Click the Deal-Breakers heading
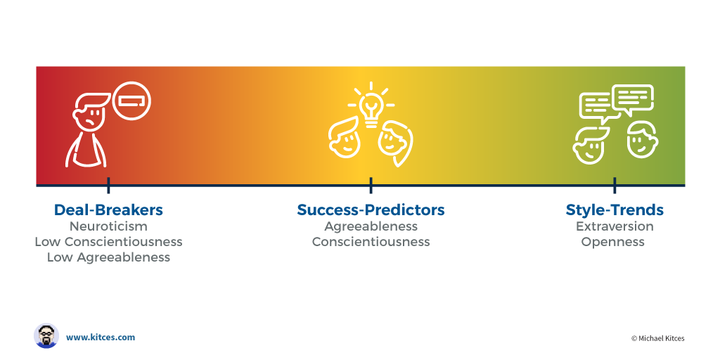point(108,210)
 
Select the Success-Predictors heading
point(371,210)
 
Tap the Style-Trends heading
point(615,210)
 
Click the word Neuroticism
point(108,226)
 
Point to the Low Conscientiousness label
point(108,242)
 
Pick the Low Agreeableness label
point(108,257)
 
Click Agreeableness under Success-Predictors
point(371,226)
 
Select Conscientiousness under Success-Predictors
point(371,242)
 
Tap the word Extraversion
point(615,226)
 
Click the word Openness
point(612,242)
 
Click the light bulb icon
point(370,106)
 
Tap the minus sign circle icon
point(131,101)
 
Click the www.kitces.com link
point(101,337)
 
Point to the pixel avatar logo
point(46,336)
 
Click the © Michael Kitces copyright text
point(657,338)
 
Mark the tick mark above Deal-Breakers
point(108,186)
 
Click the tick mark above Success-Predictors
point(371,186)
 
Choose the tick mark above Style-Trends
point(615,186)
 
